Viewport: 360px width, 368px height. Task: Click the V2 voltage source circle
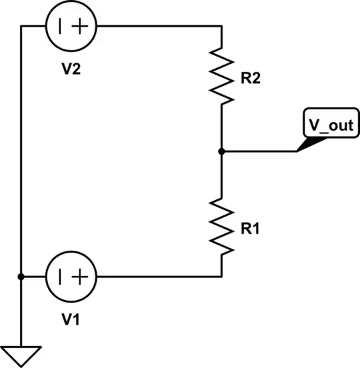[x=71, y=27]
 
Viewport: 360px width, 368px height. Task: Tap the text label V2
[x=71, y=69]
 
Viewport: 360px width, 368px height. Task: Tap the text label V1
[x=71, y=319]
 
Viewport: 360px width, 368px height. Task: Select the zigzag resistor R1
[x=221, y=227]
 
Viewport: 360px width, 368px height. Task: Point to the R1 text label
[x=251, y=228]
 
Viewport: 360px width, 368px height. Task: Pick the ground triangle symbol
[x=21, y=357]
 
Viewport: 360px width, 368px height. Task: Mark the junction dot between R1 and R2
[x=221, y=151]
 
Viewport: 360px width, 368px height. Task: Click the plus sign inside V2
[x=81, y=27]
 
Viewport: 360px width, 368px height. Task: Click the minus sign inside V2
[x=61, y=27]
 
